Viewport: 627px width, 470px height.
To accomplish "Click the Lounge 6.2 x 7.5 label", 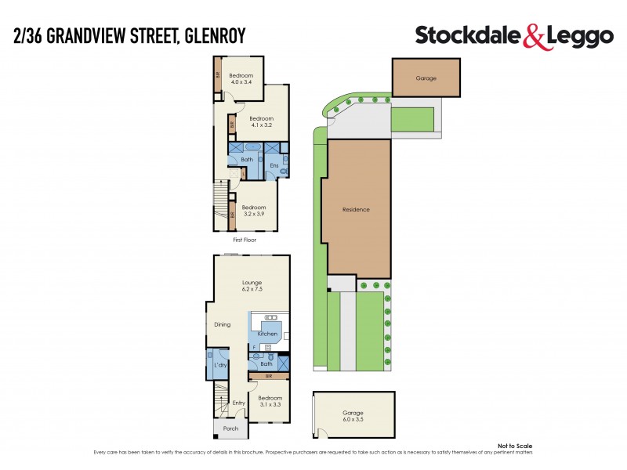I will tap(252, 285).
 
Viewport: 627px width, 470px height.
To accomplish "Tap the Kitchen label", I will tap(267, 334).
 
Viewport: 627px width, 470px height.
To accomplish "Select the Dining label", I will tap(223, 324).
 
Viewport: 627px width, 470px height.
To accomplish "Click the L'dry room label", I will tap(220, 366).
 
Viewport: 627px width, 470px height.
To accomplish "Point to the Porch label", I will tap(230, 428).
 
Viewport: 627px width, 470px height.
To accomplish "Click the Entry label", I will tap(239, 403).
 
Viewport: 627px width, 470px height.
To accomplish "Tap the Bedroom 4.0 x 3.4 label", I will tap(240, 78).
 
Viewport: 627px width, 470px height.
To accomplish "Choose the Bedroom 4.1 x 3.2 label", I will tap(260, 121).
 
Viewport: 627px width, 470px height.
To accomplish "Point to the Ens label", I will tap(274, 165).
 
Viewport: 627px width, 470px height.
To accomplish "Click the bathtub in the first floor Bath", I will tap(252, 147).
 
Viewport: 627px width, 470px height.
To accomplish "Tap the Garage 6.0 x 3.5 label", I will tap(353, 417).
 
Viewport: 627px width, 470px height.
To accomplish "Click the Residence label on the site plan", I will tap(356, 210).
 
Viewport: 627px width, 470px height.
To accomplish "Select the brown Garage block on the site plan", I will tap(426, 78).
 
